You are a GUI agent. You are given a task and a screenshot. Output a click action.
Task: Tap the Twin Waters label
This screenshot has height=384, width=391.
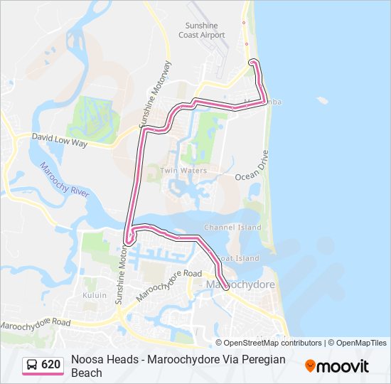tap(183, 171)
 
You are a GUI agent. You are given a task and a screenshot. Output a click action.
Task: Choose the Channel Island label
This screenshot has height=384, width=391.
tap(232, 228)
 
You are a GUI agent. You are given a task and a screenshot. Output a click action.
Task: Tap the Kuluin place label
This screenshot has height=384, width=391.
tap(94, 295)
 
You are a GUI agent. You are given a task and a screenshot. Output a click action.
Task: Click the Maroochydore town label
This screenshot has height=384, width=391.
tap(240, 284)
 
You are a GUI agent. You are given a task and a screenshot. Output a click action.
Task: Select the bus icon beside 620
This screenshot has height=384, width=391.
tap(32, 365)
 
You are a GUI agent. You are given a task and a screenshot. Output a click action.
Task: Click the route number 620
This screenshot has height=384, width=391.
tap(50, 365)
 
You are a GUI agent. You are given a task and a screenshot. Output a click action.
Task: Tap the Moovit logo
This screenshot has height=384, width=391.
tap(337, 366)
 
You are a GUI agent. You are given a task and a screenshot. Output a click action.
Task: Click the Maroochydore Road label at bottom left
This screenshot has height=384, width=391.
tap(36, 323)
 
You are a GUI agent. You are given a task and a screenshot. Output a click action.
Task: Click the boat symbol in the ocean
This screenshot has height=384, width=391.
tap(323, 100)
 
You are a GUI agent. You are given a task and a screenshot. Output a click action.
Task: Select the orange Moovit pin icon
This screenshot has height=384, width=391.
tap(310, 366)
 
